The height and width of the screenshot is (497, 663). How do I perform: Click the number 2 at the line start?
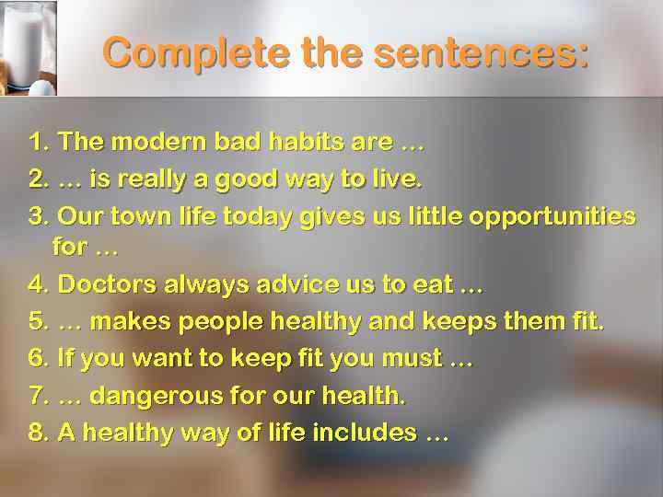tap(37, 179)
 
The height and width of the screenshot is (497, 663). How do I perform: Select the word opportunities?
tap(552, 216)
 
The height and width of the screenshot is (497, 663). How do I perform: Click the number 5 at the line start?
tap(37, 322)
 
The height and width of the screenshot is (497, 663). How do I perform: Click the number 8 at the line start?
tap(37, 433)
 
